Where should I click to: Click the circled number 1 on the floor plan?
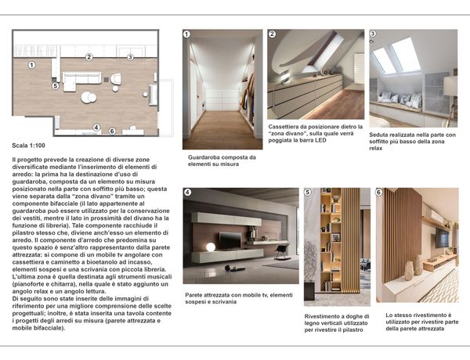tap(31, 65)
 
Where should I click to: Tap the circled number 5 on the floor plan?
tap(55, 86)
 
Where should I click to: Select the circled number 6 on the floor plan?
tap(112, 131)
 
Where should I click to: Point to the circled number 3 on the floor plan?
tap(130, 57)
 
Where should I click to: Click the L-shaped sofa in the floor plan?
tap(78, 79)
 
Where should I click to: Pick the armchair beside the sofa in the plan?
tap(115, 79)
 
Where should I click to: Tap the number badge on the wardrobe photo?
tap(186, 34)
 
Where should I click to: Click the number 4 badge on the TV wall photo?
tap(187, 192)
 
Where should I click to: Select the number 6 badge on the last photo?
tap(379, 192)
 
